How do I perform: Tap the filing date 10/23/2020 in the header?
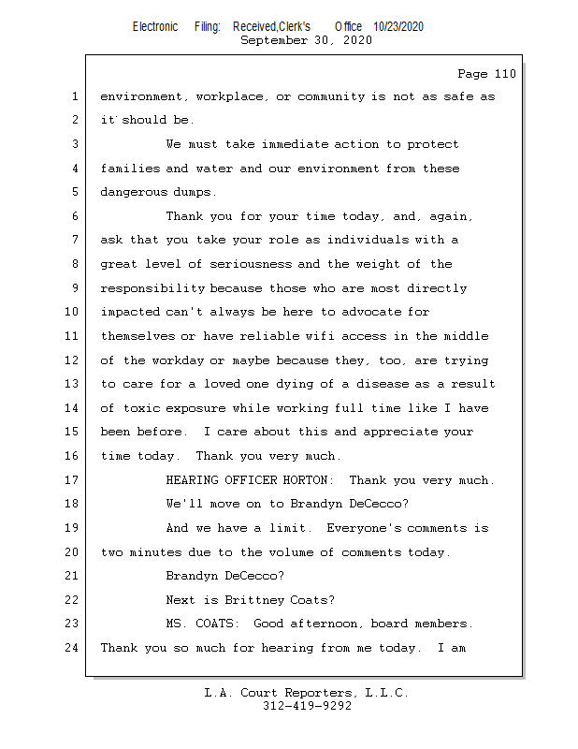[398, 26]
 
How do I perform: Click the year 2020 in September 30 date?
[353, 40]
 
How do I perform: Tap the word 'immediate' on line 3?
[295, 144]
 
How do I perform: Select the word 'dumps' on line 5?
[191, 192]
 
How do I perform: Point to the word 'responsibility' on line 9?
[152, 288]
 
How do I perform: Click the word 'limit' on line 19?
[290, 528]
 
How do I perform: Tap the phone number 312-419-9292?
[307, 707]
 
